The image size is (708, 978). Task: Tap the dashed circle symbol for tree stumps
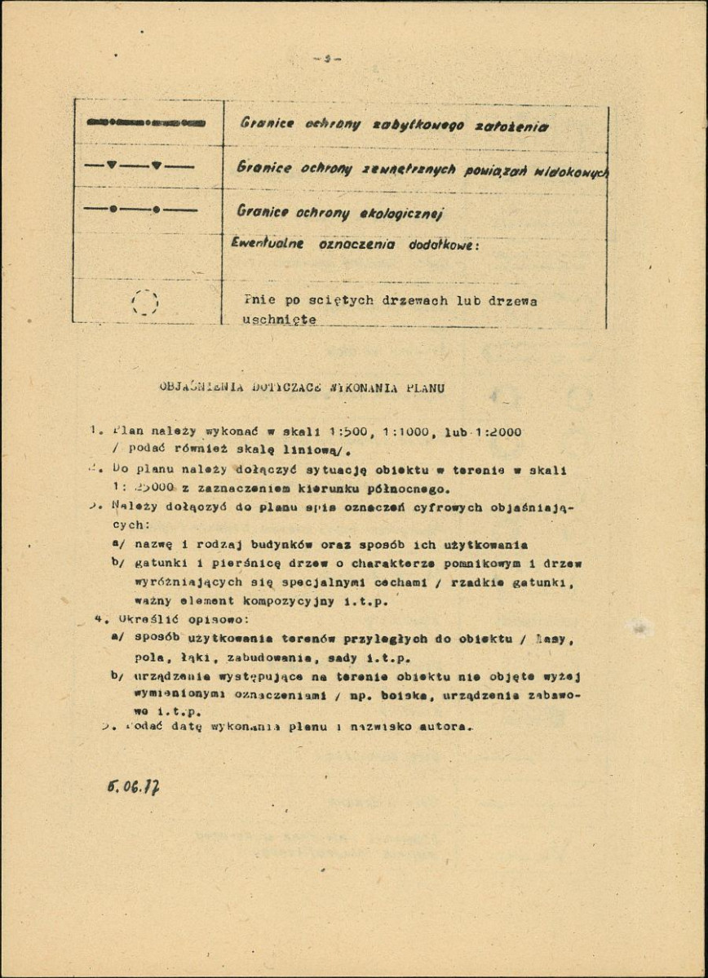pyautogui.click(x=145, y=303)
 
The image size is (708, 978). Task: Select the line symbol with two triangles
pyautogui.click(x=139, y=166)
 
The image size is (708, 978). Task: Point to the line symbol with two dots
pyautogui.click(x=139, y=210)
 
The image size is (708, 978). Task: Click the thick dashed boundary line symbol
pyautogui.click(x=145, y=122)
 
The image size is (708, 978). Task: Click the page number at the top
pyautogui.click(x=325, y=59)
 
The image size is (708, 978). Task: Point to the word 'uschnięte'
pyautogui.click(x=279, y=320)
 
